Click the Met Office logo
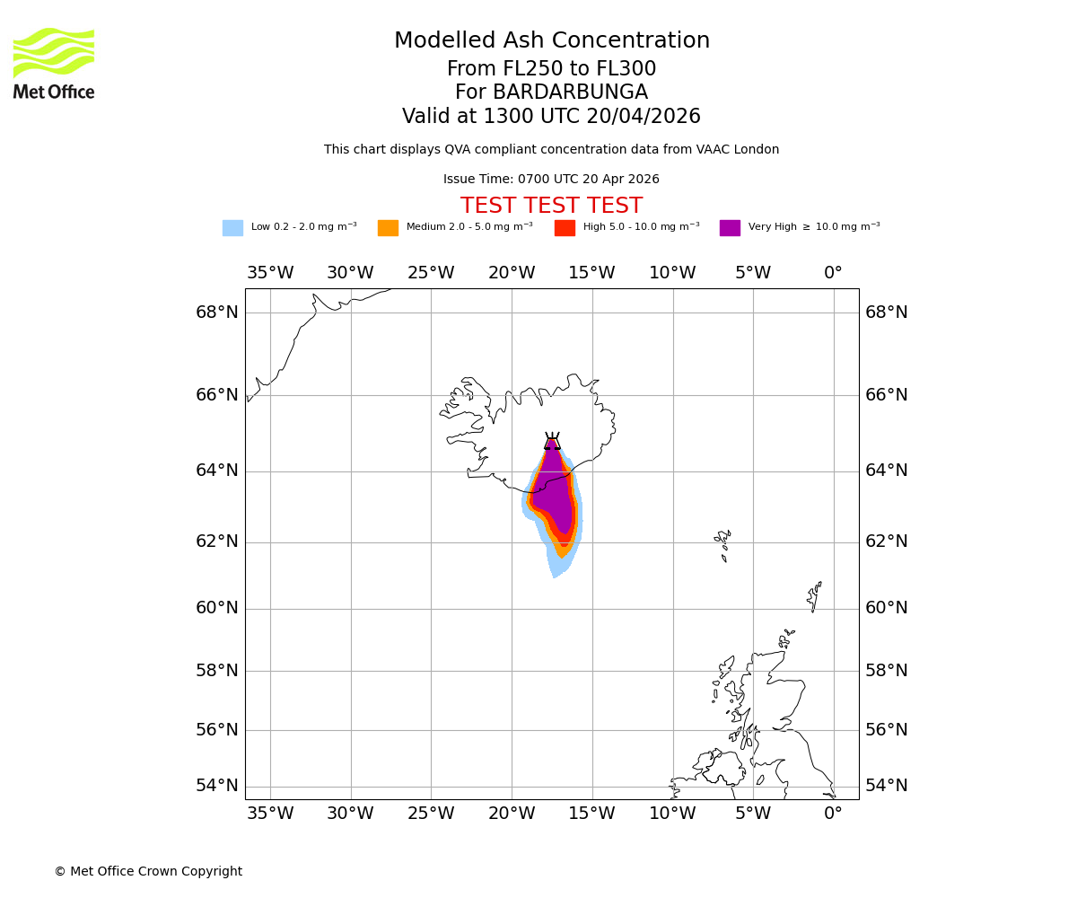(x=54, y=63)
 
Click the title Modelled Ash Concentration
(x=551, y=41)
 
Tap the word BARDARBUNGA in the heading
(x=571, y=92)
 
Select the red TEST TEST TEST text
(x=551, y=207)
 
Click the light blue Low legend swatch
(x=232, y=228)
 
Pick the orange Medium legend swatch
(x=388, y=228)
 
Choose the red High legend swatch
(x=565, y=228)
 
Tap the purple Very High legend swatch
(x=730, y=228)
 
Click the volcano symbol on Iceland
(x=552, y=441)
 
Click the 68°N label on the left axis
(x=217, y=313)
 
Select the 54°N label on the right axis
(x=886, y=786)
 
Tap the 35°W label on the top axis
(x=270, y=273)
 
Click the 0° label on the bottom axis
(x=833, y=814)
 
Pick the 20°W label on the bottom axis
(x=512, y=814)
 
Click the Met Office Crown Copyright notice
(x=148, y=871)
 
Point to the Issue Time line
(x=551, y=180)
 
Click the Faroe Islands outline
(x=722, y=543)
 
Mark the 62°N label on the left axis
(x=217, y=541)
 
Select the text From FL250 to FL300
(x=551, y=69)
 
